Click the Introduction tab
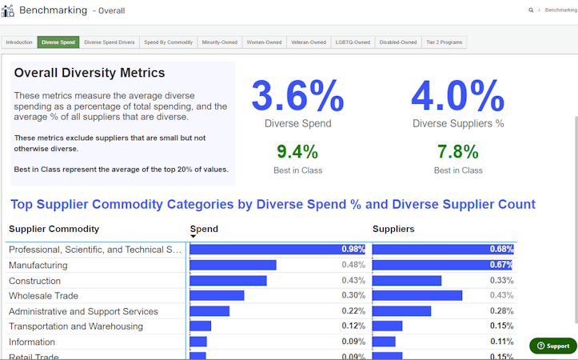19,42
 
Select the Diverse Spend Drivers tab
109,42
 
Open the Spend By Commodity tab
168,42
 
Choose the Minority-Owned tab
220,42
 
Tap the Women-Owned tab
264,42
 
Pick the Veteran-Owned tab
309,42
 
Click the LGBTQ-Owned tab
353,42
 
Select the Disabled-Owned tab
398,42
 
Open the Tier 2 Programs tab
444,42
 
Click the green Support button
553,346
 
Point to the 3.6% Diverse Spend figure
297,96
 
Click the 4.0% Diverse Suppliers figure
458,96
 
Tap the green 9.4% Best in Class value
297,151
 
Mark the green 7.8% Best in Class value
458,151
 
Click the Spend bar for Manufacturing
233,265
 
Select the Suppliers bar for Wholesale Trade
417,295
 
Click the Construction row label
34,281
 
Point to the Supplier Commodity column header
54,229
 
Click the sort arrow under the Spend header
193,237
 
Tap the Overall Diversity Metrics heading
90,73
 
